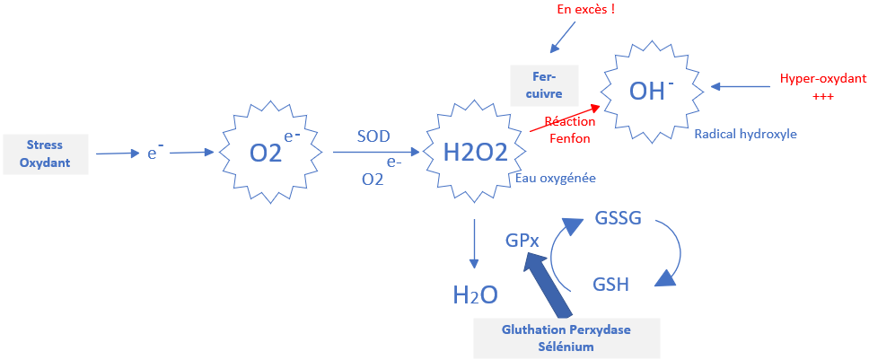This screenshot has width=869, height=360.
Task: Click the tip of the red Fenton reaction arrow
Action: point(601,105)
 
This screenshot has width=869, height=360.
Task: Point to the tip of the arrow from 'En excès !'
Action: point(550,53)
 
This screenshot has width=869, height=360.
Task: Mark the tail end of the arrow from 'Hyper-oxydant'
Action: point(771,86)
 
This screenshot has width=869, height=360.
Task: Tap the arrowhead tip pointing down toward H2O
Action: point(474,268)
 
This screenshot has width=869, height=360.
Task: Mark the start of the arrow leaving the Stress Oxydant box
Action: point(96,154)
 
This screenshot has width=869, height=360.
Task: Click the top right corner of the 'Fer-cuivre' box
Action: point(578,66)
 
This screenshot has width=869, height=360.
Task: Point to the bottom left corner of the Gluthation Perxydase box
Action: point(474,358)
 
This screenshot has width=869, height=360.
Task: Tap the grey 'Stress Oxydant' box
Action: point(46,154)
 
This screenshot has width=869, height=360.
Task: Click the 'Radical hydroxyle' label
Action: point(745,134)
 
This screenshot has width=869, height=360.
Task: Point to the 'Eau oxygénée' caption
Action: point(557,179)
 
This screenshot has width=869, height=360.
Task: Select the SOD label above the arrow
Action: point(373,136)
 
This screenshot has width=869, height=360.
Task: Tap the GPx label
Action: point(522,241)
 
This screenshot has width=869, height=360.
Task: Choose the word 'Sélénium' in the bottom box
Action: point(566,347)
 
